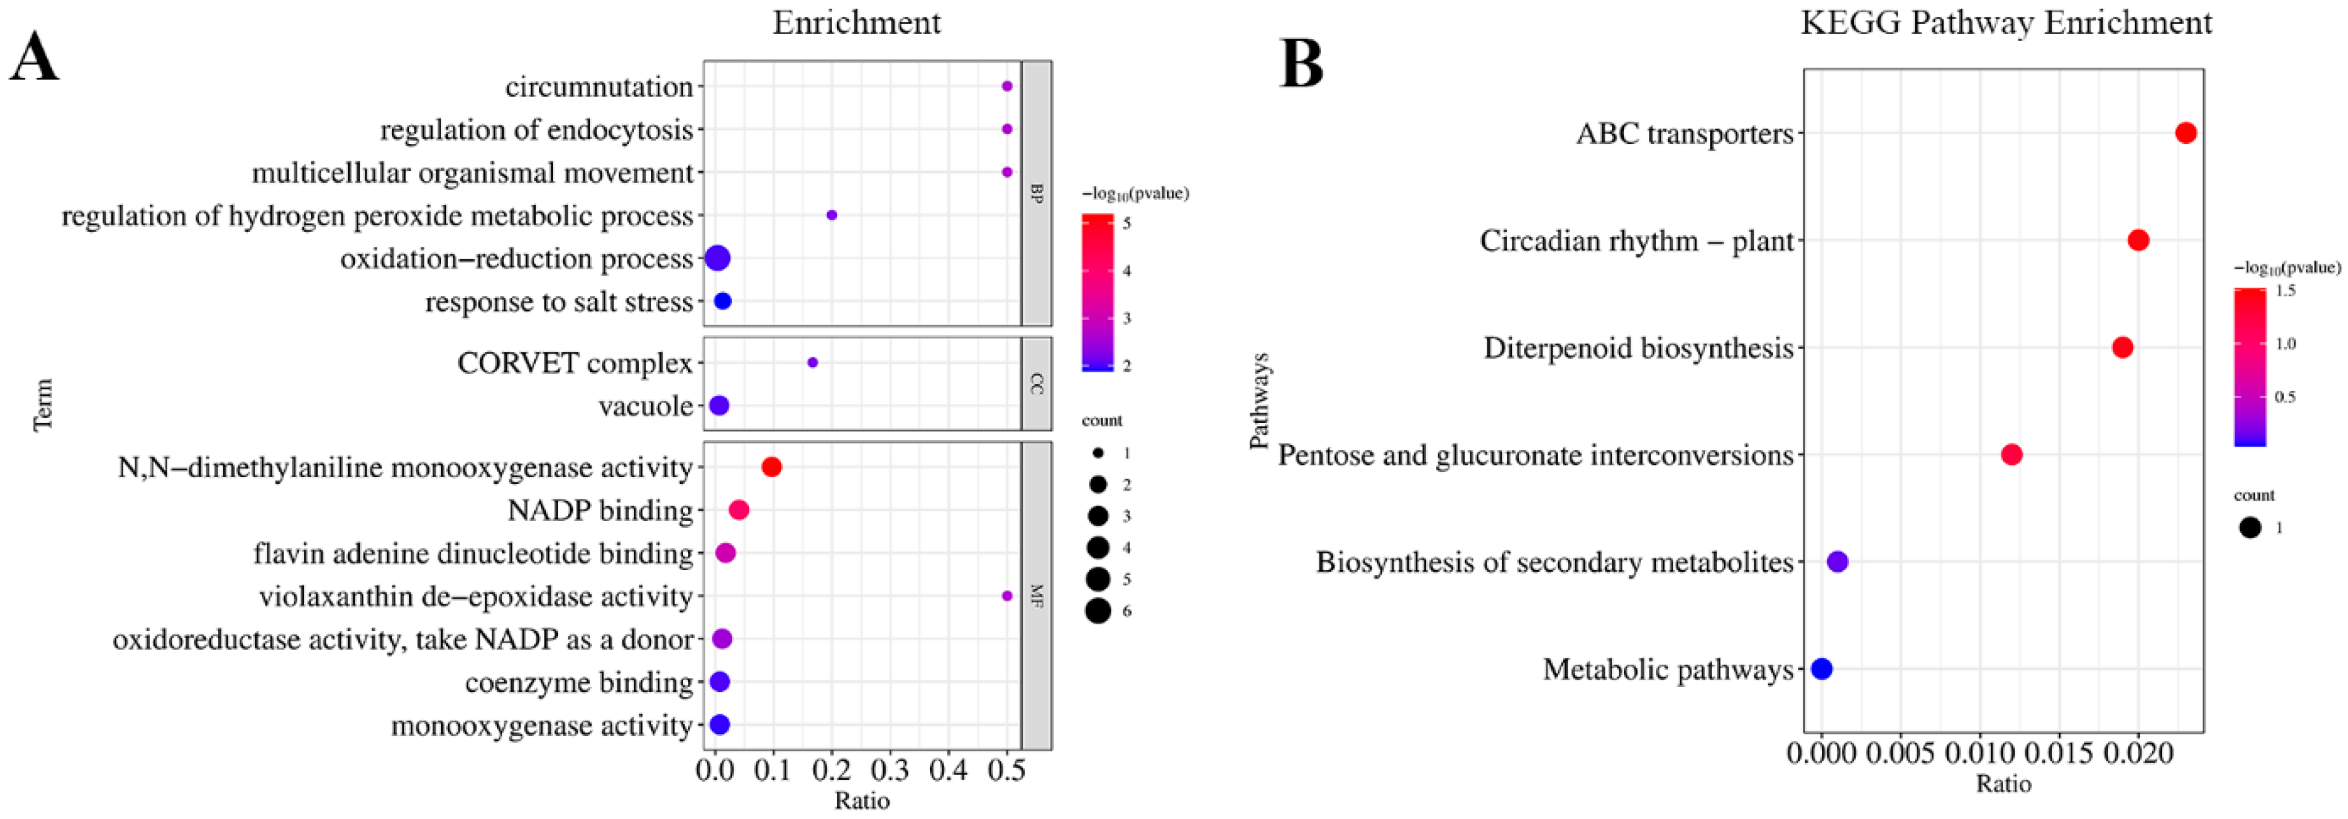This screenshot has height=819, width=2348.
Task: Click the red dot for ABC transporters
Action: (x=2186, y=133)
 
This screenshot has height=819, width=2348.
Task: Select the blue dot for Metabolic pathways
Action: (x=1821, y=669)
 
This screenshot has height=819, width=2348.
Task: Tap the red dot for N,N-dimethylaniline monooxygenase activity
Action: (x=771, y=467)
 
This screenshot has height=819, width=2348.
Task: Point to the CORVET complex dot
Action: (x=812, y=362)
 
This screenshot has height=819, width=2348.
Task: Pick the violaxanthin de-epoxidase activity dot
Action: (x=1006, y=596)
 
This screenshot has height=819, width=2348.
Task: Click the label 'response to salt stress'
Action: (x=558, y=302)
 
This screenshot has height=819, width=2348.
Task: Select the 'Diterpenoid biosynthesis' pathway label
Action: (x=1638, y=348)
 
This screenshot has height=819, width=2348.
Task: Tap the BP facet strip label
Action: (x=1036, y=193)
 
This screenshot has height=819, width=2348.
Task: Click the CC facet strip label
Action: (x=1036, y=383)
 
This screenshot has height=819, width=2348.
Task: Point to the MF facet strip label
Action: (x=1036, y=596)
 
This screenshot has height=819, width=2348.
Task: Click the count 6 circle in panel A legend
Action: (x=1098, y=611)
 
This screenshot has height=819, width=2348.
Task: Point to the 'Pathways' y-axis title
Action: (x=1259, y=401)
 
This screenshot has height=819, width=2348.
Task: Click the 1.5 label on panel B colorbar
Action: (x=2285, y=290)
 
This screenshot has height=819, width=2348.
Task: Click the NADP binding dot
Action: (x=738, y=510)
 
